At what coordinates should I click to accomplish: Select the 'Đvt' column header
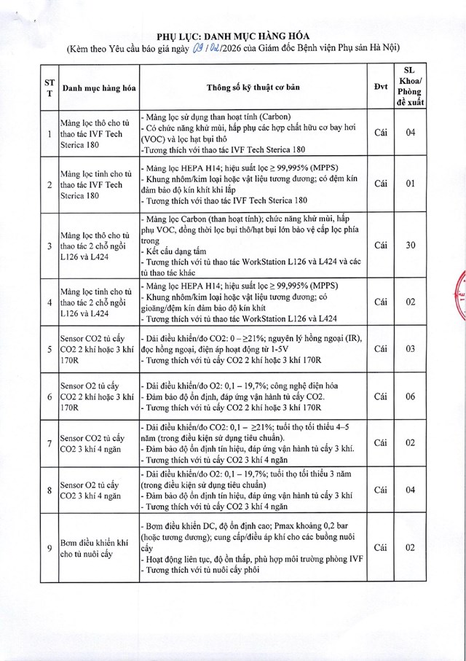coord(379,87)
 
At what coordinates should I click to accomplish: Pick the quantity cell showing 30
coord(411,245)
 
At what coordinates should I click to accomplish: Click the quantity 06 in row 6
coord(411,396)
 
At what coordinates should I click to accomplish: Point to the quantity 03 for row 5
coord(411,349)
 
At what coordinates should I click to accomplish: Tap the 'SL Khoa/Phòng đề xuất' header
coord(411,87)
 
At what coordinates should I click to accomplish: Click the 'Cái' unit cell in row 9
coord(379,548)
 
